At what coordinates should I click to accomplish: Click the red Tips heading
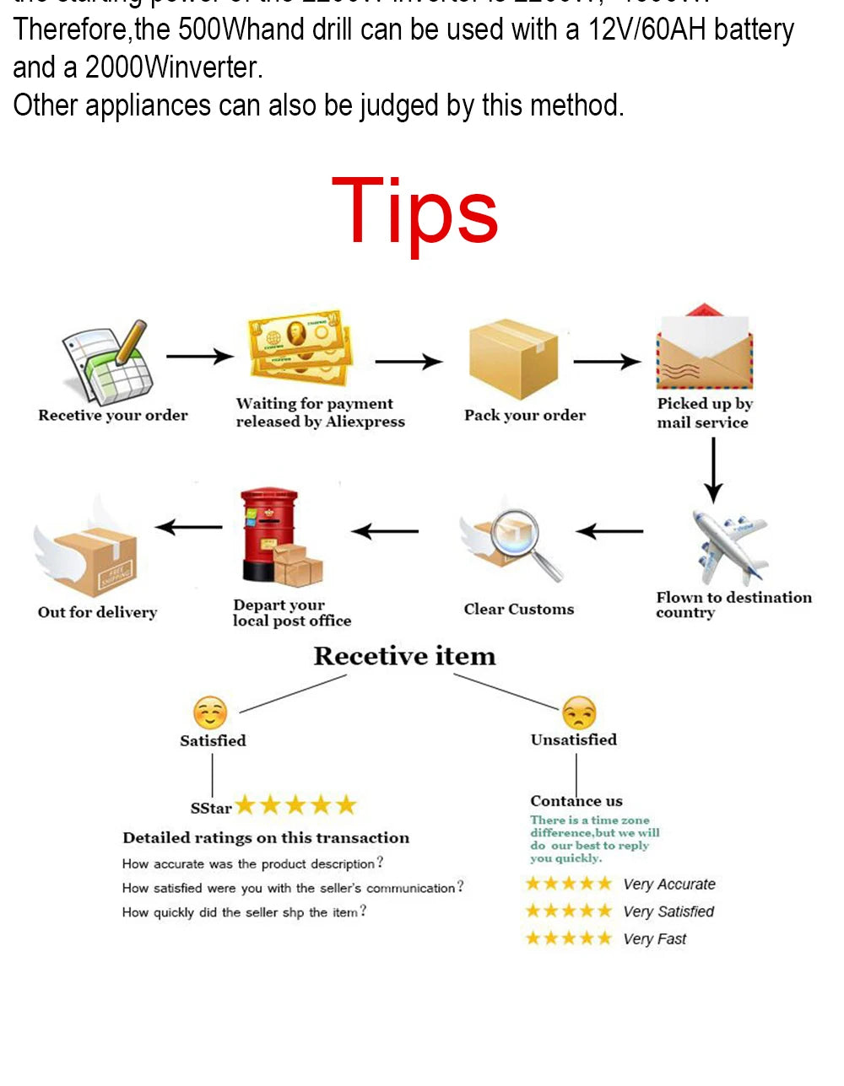(415, 211)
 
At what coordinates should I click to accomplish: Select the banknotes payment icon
(300, 347)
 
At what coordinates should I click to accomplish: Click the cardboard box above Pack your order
(513, 358)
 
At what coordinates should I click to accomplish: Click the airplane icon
(729, 546)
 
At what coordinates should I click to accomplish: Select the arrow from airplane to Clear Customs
(609, 531)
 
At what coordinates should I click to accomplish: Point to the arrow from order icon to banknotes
(199, 357)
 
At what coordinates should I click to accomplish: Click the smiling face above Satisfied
(210, 713)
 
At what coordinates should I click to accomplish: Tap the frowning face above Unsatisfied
(579, 713)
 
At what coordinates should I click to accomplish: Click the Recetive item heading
(405, 656)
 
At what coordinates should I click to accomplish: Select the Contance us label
(576, 801)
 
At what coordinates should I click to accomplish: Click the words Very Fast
(655, 939)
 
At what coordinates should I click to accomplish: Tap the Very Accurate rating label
(669, 884)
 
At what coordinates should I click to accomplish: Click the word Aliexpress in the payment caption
(365, 422)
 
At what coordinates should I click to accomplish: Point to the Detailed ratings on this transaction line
(266, 838)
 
